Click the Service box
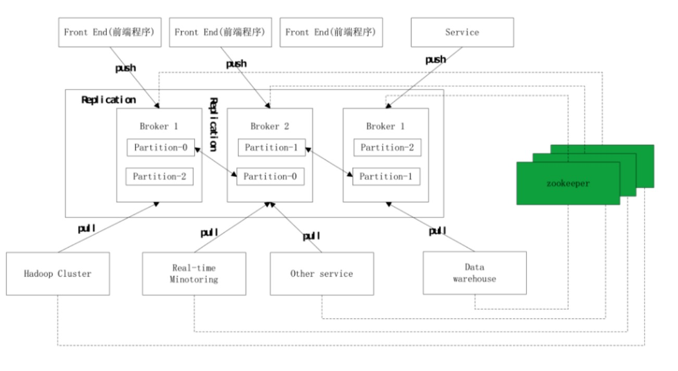[x=462, y=32]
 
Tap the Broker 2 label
[x=270, y=126]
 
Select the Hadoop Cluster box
[x=58, y=274]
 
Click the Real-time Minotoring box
[x=194, y=274]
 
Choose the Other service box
[x=322, y=274]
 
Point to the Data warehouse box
[x=474, y=273]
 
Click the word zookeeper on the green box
[x=568, y=183]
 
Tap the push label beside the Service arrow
[x=435, y=60]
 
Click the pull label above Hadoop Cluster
[x=87, y=228]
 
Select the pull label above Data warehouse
[x=437, y=231]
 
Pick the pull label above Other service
[x=311, y=236]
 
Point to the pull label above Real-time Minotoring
[x=209, y=232]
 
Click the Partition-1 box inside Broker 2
[x=271, y=147]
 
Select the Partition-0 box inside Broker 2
[x=270, y=177]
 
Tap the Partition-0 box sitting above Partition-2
[x=161, y=147]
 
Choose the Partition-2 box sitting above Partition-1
[x=387, y=147]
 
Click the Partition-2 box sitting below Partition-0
[x=159, y=177]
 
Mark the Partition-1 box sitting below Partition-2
[x=386, y=177]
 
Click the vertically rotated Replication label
[x=214, y=124]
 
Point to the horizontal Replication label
[x=109, y=100]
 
